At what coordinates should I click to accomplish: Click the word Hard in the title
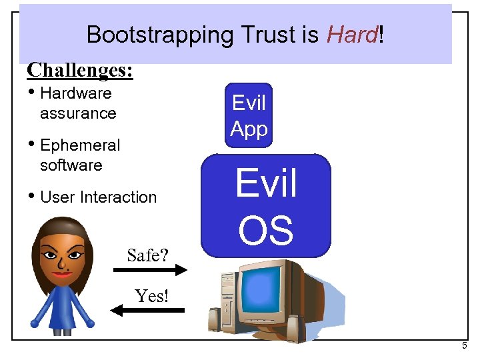(351, 35)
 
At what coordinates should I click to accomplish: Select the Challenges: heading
(80, 69)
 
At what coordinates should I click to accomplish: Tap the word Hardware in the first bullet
(75, 93)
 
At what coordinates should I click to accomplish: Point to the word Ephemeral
(80, 145)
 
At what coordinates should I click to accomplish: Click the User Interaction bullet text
(98, 197)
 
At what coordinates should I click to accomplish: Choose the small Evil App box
(249, 115)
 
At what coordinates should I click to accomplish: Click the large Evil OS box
(266, 205)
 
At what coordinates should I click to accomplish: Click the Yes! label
(151, 295)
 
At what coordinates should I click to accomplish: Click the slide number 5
(465, 347)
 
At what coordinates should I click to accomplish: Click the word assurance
(78, 113)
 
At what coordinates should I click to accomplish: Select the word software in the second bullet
(71, 165)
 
